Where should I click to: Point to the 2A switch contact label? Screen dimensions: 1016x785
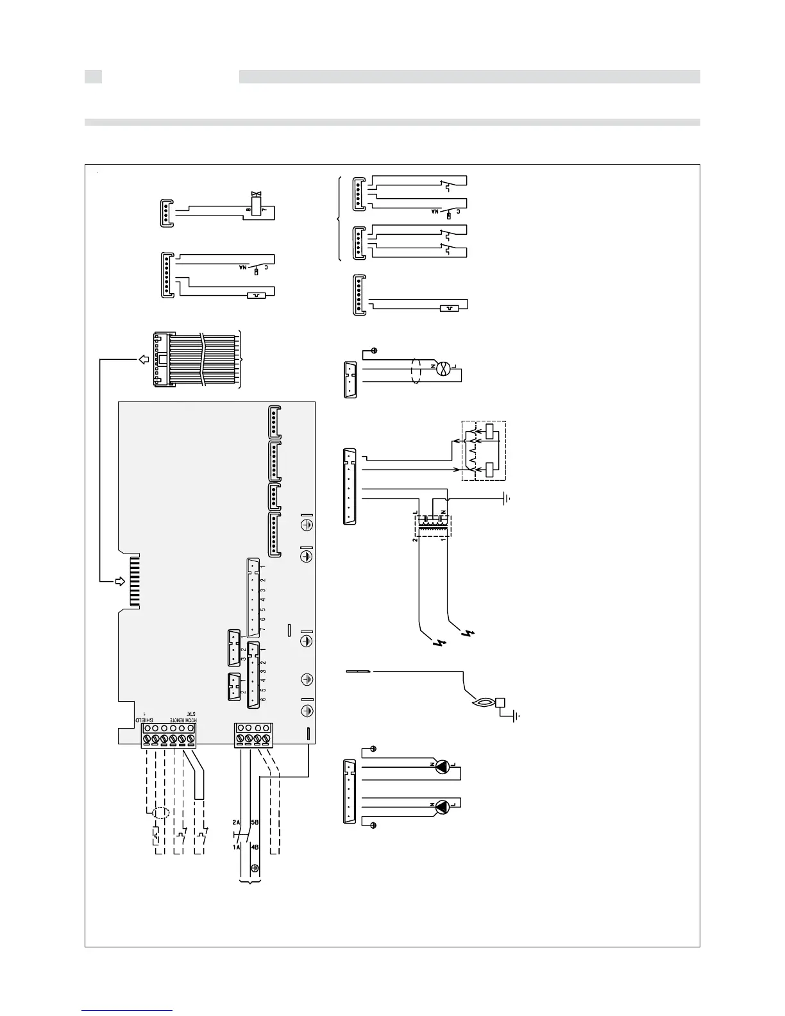pos(236,822)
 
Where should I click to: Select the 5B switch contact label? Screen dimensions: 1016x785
pos(255,822)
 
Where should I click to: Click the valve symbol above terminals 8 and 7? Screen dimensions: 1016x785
pos(257,194)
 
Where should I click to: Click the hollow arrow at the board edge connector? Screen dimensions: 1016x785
pos(120,582)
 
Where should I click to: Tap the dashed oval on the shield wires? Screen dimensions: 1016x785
pos(160,813)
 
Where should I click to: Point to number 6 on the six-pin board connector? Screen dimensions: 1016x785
pos(263,700)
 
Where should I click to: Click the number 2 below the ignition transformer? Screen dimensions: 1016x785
pos(416,539)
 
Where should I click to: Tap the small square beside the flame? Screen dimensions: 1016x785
pos(502,702)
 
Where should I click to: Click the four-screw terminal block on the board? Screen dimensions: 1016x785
pos(253,735)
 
